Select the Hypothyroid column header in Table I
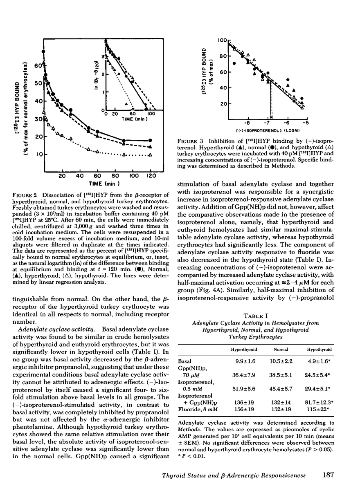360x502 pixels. (319, 350)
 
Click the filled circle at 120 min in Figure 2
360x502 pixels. (151, 140)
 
